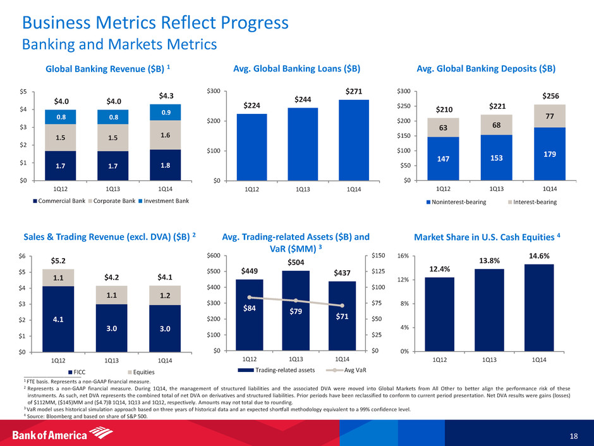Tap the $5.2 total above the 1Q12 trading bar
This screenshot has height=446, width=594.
(x=58, y=259)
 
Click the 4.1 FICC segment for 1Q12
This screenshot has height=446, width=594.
(x=58, y=319)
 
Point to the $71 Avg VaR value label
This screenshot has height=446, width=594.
(x=341, y=318)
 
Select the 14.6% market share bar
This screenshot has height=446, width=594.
(x=538, y=307)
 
